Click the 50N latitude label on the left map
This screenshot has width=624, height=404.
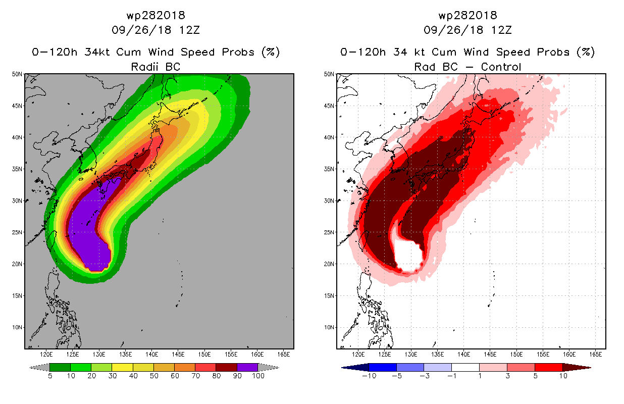pos(17,74)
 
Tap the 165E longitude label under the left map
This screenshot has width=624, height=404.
pos(284,355)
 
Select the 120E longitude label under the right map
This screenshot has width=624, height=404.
pos(358,355)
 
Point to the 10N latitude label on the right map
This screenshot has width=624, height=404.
pos(329,327)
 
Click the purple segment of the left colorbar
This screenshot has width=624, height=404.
pos(247,367)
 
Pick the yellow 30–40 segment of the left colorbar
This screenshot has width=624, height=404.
pos(122,367)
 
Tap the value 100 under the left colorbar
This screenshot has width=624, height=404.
pos(258,376)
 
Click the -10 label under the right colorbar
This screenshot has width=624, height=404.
pos(369,376)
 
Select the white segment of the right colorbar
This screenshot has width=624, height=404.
pos(465,367)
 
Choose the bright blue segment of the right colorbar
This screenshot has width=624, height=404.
pos(383,367)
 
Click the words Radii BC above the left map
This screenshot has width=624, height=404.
pos(155,67)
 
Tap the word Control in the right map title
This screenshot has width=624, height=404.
pos(501,67)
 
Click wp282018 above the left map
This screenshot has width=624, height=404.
pos(155,16)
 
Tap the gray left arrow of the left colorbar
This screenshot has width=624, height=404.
pos(39,367)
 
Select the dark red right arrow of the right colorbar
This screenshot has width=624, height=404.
pos(577,367)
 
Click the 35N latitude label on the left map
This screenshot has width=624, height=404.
pos(17,169)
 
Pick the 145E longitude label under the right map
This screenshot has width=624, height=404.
pos(490,355)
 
